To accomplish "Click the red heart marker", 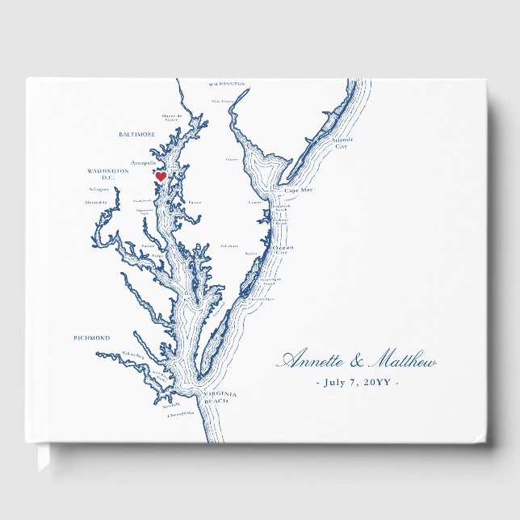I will (x=160, y=176).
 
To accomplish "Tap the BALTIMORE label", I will (x=136, y=135).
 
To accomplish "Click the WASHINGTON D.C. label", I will (x=108, y=174).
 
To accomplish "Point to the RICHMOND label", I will (x=91, y=338).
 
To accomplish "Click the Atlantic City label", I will (x=342, y=144).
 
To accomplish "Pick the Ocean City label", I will (x=282, y=250).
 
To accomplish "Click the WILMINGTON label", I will (x=227, y=83).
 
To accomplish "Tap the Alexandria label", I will (x=95, y=203).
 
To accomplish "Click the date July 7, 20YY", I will (x=356, y=382).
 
